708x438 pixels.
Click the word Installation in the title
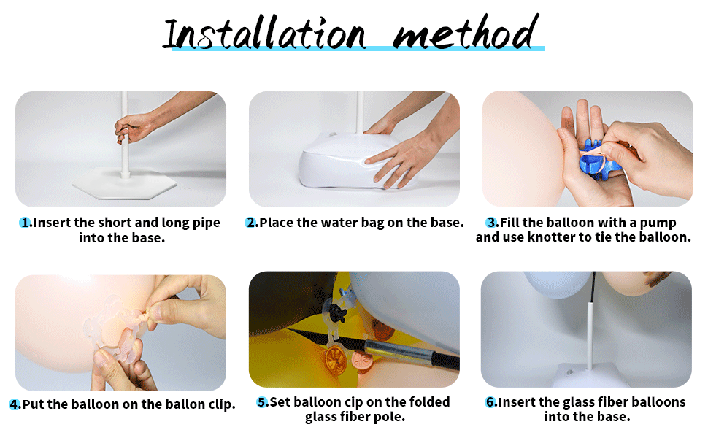(265, 33)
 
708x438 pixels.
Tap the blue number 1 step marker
(26, 223)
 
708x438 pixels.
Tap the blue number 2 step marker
(251, 223)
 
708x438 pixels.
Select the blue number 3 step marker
(492, 223)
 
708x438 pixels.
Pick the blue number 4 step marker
(15, 404)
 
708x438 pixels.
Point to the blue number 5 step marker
(262, 402)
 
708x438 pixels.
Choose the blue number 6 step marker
(490, 402)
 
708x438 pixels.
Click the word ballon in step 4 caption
(185, 404)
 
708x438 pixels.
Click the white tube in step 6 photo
(590, 337)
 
